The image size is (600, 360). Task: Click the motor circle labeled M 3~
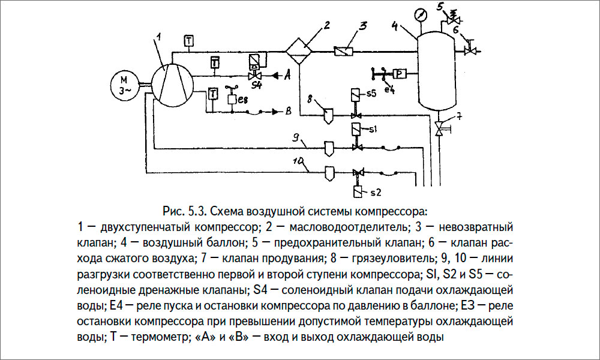pyautogui.click(x=125, y=85)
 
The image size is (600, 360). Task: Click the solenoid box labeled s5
pyautogui.click(x=355, y=96)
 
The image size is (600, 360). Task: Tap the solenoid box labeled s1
pyautogui.click(x=355, y=129)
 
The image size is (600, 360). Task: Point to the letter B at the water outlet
pyautogui.click(x=288, y=111)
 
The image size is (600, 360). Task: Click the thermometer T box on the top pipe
pyautogui.click(x=188, y=41)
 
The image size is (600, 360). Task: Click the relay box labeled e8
pyautogui.click(x=232, y=100)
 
